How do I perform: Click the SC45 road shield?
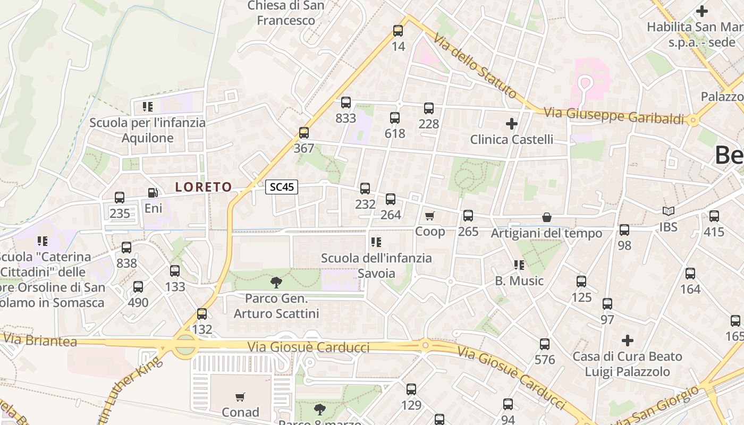click(282, 187)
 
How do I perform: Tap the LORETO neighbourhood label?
click(204, 187)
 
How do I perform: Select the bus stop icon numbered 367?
click(303, 133)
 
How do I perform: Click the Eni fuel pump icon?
click(153, 193)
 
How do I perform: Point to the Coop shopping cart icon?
click(429, 216)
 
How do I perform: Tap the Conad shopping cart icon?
click(240, 397)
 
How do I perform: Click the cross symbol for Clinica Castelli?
click(511, 124)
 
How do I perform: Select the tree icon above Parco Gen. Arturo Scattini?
click(276, 282)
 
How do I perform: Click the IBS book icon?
click(668, 211)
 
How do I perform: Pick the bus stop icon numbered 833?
click(346, 103)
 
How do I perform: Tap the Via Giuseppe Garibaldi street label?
click(614, 115)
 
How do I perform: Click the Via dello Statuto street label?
click(475, 66)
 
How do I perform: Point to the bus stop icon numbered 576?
click(545, 344)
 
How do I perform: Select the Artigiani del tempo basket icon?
click(546, 218)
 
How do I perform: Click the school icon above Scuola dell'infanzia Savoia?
click(376, 243)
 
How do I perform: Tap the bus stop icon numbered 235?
click(120, 198)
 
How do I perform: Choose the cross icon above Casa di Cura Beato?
click(628, 340)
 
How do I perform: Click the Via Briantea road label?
click(40, 341)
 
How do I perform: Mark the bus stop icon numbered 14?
click(398, 31)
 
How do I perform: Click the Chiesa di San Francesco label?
click(286, 13)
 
